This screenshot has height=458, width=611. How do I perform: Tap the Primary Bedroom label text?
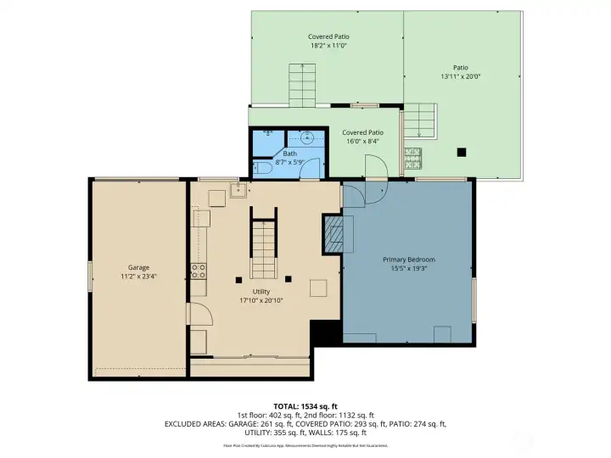click(x=409, y=259)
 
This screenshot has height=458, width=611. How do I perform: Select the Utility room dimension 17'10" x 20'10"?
click(x=261, y=300)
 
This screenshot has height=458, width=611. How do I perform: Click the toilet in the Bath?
click(x=261, y=170)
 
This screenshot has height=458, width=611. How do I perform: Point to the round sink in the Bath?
click(x=308, y=136)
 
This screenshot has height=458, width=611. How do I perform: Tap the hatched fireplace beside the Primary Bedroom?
click(x=333, y=232)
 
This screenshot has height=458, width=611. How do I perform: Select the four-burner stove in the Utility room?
click(x=199, y=271)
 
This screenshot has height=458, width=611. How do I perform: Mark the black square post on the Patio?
click(x=462, y=153)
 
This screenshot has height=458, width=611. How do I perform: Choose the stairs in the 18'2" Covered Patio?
click(x=303, y=85)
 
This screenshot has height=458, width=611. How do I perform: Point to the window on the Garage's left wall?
click(x=90, y=276)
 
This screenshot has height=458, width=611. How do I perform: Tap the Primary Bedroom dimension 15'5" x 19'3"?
click(x=409, y=268)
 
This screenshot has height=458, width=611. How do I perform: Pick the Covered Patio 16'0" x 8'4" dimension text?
click(x=362, y=142)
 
